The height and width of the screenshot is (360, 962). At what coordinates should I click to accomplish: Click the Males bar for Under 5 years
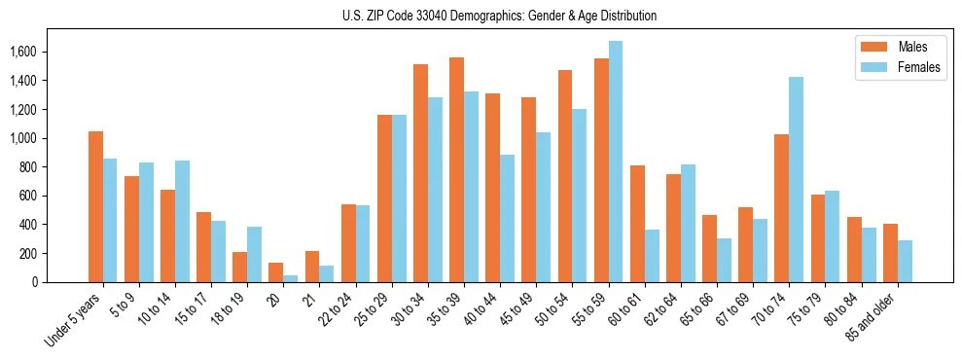point(95,206)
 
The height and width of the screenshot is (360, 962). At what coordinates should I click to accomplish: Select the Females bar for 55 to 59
point(616,162)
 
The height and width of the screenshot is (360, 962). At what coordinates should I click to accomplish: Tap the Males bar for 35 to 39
point(456,169)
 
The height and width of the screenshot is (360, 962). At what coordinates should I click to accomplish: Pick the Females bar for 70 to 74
point(796,179)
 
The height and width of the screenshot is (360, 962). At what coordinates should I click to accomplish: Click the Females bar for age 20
point(291,278)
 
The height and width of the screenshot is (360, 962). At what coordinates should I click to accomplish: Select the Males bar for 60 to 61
point(637,224)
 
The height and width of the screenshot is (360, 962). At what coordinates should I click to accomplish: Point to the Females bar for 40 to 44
point(507,218)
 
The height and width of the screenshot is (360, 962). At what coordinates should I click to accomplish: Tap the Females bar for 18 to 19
point(254,254)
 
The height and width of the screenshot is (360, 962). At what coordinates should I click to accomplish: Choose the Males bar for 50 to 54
point(565,176)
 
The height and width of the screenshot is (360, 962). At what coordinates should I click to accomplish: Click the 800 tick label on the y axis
point(53,167)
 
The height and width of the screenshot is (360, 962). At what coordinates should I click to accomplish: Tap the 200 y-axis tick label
point(53,254)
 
